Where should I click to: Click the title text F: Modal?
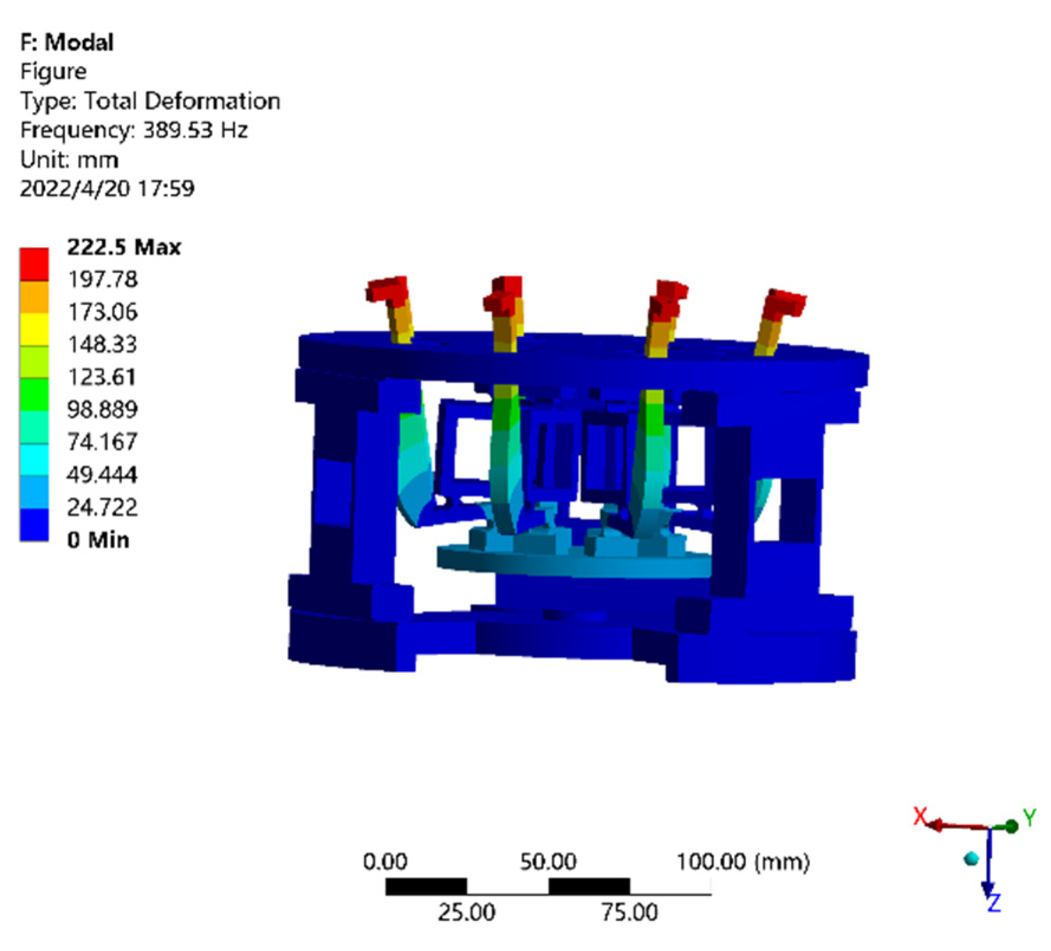[67, 43]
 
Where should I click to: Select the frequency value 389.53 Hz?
[196, 129]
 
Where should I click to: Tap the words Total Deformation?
[182, 101]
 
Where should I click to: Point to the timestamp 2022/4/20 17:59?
[107, 188]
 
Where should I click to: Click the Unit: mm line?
[69, 159]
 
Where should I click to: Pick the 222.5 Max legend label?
[124, 247]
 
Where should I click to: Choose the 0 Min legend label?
[98, 540]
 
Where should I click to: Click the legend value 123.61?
[102, 377]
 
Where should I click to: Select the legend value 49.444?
[102, 474]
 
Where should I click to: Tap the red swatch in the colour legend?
[34, 263]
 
